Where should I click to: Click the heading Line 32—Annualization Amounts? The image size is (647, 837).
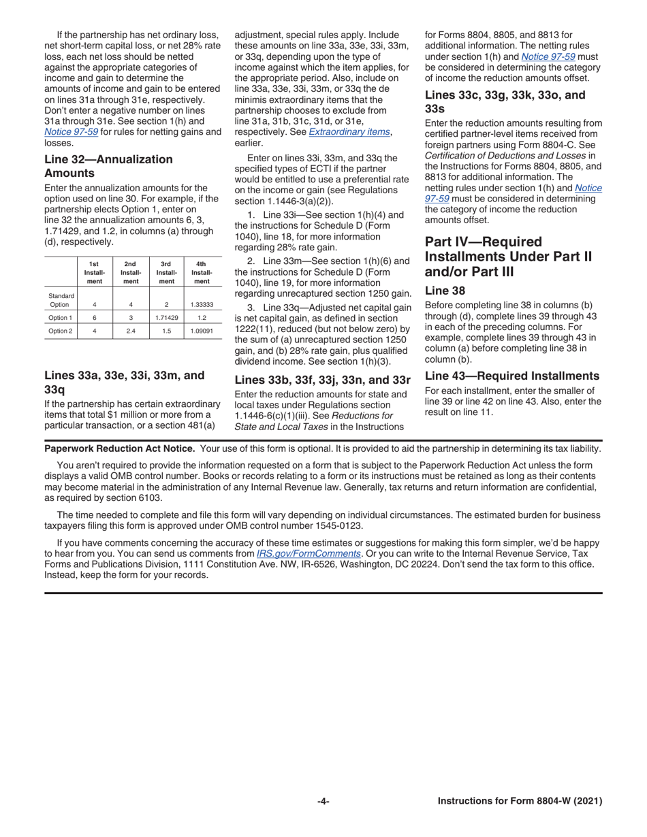click(108, 166)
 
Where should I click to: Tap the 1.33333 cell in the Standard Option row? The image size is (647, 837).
click(202, 304)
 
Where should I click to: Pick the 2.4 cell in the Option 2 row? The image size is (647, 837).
click(131, 331)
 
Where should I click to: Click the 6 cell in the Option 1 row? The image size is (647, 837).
click(95, 318)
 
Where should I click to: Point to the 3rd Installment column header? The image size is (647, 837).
click(166, 272)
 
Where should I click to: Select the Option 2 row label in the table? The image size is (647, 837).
click(60, 331)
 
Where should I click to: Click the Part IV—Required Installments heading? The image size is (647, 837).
click(508, 257)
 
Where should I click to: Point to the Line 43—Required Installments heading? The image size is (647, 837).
click(512, 376)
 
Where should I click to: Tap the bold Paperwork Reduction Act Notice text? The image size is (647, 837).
click(120, 448)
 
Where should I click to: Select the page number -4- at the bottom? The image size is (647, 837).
click(323, 802)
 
